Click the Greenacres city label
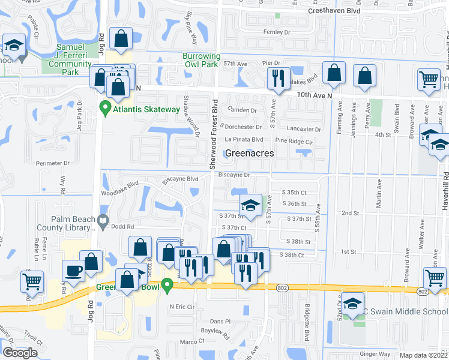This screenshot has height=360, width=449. tap(249, 153)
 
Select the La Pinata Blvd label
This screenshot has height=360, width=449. tap(244, 140)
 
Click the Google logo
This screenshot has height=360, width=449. tap(20, 353)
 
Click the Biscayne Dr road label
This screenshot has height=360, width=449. tap(234, 175)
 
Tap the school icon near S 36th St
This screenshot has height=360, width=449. tap(250, 204)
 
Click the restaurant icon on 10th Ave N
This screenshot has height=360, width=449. tap(277, 78)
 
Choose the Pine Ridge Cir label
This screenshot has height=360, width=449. tap(294, 141)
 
